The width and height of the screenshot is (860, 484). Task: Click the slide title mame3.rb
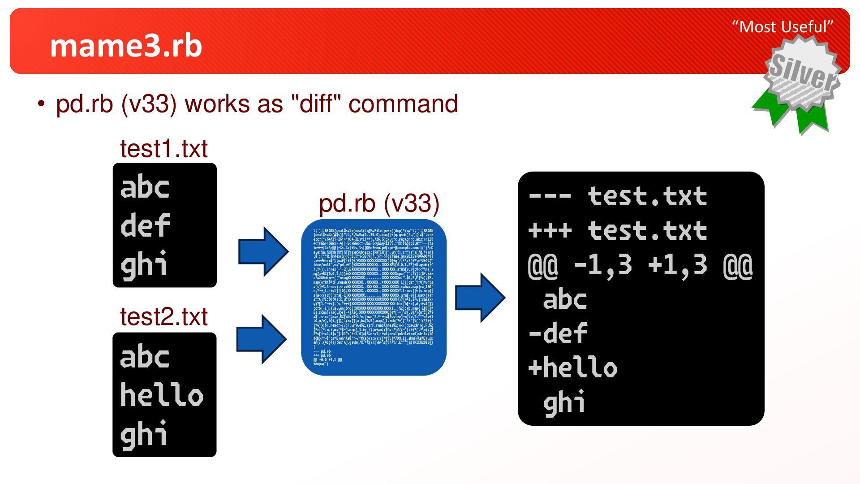pyautogui.click(x=126, y=46)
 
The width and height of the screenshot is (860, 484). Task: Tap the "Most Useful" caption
pyautogui.click(x=783, y=27)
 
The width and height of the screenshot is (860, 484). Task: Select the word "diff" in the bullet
pyautogui.click(x=316, y=104)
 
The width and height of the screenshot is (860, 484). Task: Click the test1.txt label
pyautogui.click(x=163, y=149)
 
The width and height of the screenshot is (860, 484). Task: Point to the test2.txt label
pyautogui.click(x=163, y=317)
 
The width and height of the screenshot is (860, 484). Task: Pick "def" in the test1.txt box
pyautogui.click(x=145, y=225)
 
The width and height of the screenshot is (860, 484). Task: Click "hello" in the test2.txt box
pyautogui.click(x=161, y=395)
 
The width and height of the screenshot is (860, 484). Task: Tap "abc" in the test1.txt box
pyautogui.click(x=145, y=187)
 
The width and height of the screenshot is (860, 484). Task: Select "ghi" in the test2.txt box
pyautogui.click(x=144, y=434)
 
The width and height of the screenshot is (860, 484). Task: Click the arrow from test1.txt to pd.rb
pyautogui.click(x=263, y=251)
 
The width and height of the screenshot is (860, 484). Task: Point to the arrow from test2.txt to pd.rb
pyautogui.click(x=262, y=339)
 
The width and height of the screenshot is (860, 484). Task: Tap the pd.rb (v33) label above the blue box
pyautogui.click(x=379, y=203)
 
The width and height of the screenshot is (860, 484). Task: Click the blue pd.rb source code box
pyautogui.click(x=374, y=297)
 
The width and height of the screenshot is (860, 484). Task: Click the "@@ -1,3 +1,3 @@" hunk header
pyautogui.click(x=641, y=265)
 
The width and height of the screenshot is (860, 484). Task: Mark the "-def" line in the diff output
pyautogui.click(x=558, y=334)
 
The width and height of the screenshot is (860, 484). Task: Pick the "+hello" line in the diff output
pyautogui.click(x=572, y=368)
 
